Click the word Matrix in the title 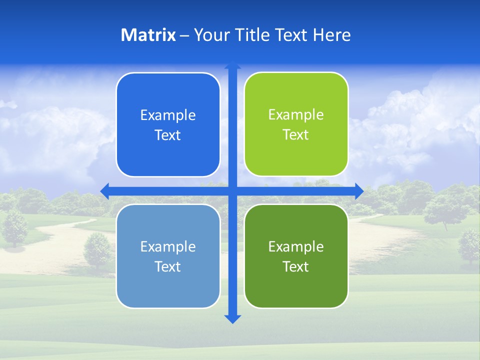[x=148, y=35]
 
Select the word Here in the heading [x=332, y=35]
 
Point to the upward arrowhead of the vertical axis [x=232, y=65]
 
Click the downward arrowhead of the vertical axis [x=232, y=318]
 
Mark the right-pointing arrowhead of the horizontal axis [x=359, y=191]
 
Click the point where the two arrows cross [x=232, y=191]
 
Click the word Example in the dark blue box [x=168, y=115]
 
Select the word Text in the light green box [x=296, y=135]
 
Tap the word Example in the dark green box [x=296, y=246]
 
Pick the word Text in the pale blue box [x=168, y=266]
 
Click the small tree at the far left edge [x=15, y=227]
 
